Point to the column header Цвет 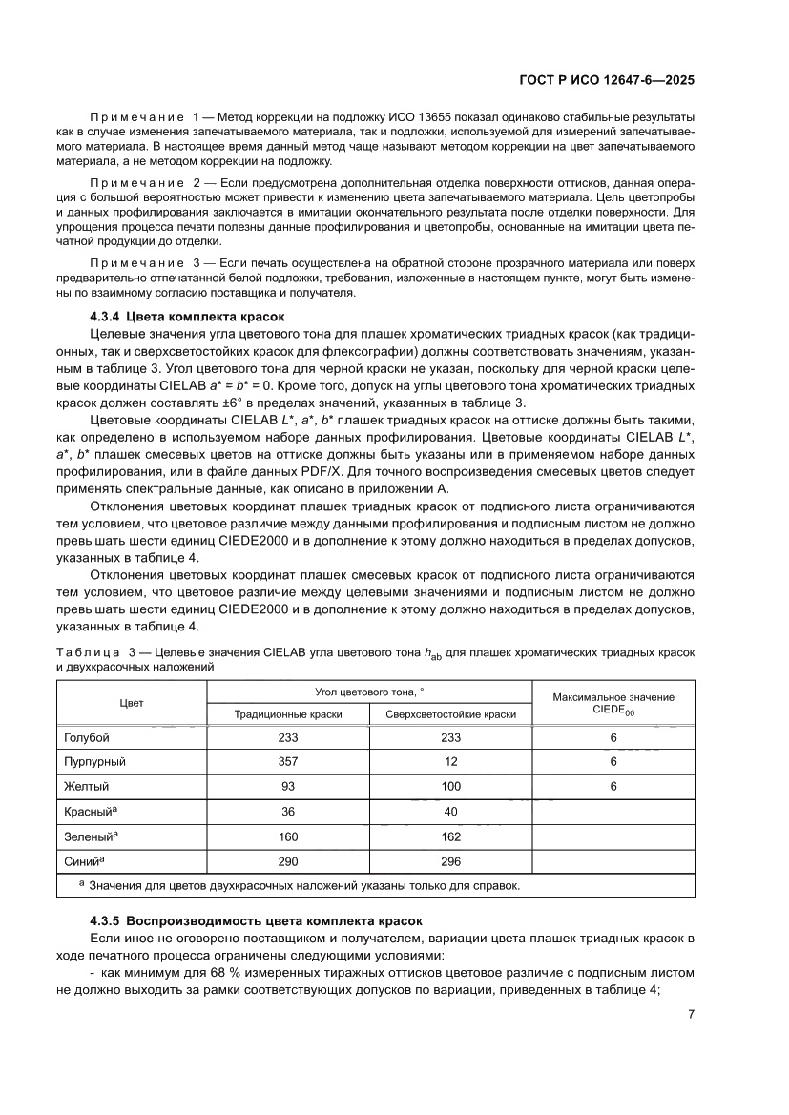(x=132, y=703)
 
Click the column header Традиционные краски (x=288, y=714)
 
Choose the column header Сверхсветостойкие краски (x=450, y=714)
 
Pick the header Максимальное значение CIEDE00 (x=613, y=703)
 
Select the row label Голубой (x=87, y=738)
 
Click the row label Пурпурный (x=94, y=762)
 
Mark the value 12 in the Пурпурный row (x=450, y=762)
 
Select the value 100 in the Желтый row (x=450, y=787)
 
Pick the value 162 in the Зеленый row (x=450, y=836)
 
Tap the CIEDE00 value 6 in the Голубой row (x=613, y=738)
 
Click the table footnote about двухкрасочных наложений (x=303, y=886)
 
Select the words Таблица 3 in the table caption (x=96, y=652)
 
